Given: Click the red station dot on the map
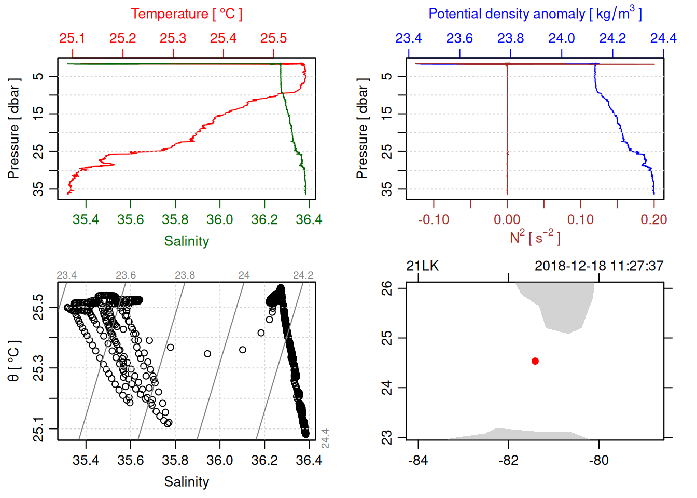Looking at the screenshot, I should click(535, 361).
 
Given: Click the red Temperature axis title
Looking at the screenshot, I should click(186, 14).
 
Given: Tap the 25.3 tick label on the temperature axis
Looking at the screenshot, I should click(173, 38).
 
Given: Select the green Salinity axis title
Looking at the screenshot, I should click(186, 241).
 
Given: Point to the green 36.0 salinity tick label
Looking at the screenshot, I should click(220, 220).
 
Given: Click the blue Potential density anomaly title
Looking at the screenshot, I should click(535, 14).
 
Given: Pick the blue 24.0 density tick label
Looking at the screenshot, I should click(562, 38).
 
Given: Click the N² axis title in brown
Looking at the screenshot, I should click(535, 238).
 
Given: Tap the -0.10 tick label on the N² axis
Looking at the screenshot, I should click(434, 220).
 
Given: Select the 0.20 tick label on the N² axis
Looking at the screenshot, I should click(653, 220).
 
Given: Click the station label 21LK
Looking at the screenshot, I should click(422, 266).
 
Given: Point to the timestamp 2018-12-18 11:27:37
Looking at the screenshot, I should click(599, 266).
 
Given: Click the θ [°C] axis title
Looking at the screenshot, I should click(14, 361).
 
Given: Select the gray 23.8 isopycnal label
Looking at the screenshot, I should click(185, 275).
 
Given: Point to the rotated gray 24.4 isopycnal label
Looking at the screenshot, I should click(325, 438).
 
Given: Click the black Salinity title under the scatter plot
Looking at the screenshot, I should click(186, 482).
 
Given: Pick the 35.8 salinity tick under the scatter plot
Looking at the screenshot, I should click(175, 461).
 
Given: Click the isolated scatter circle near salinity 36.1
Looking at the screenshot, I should click(243, 350).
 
